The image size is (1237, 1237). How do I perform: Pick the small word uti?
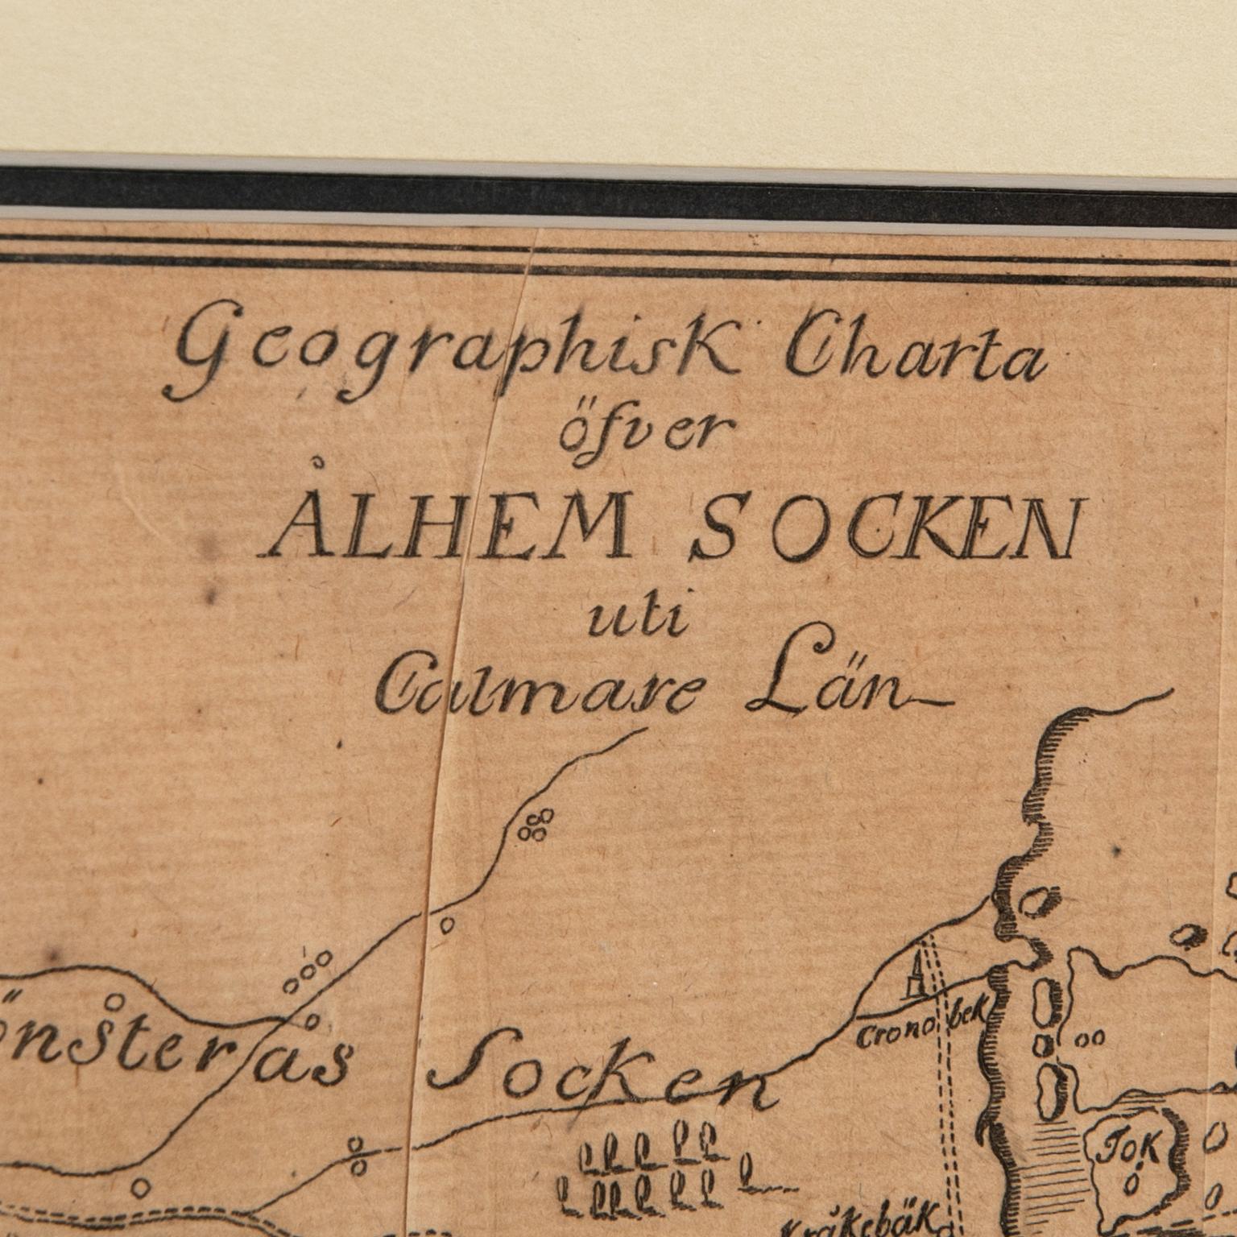tap(635, 620)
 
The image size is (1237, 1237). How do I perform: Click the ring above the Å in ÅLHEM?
tap(320, 462)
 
